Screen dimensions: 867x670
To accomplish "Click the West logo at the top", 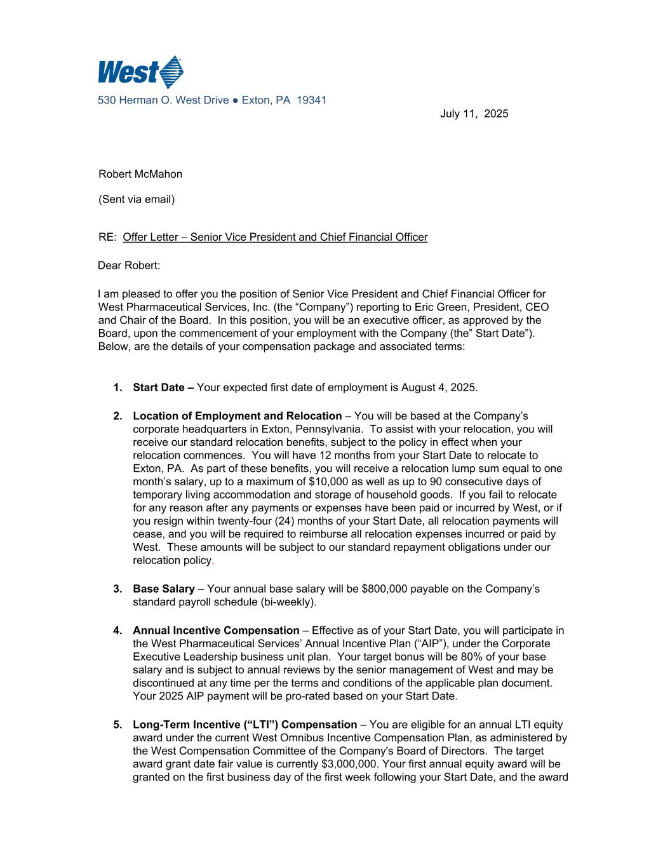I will point(140,72).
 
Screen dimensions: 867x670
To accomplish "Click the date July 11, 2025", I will point(474,114).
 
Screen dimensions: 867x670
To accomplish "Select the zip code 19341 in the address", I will point(312,100).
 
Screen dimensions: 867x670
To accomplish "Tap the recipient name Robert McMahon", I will point(140,174).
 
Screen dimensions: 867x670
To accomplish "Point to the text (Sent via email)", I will point(137,199).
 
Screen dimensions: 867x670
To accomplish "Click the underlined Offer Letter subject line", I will point(275,237).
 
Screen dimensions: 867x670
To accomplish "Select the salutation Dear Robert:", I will point(129,265).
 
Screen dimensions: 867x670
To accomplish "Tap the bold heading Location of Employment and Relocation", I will point(237,416).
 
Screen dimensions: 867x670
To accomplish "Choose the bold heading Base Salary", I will point(163,589).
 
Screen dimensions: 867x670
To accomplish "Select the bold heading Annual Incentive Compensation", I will point(216,631).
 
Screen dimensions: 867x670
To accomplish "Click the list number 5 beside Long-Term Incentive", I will point(117,725).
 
